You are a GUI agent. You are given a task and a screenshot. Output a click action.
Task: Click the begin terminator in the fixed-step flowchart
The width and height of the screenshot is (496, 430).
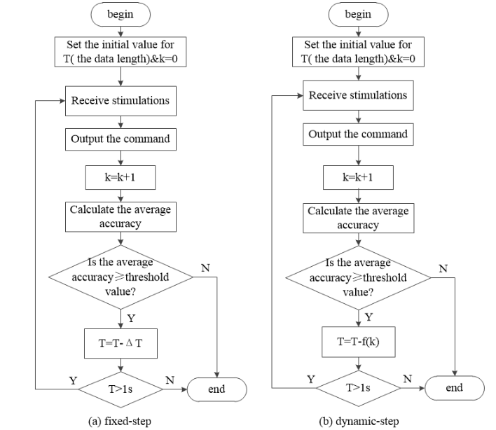(x=120, y=13)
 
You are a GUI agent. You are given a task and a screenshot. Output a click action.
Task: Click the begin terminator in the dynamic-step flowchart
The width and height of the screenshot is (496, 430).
(x=358, y=13)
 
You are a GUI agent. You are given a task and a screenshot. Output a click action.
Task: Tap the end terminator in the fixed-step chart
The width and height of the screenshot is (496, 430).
(x=217, y=389)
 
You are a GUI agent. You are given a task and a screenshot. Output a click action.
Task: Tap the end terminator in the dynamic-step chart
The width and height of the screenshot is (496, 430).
(x=455, y=387)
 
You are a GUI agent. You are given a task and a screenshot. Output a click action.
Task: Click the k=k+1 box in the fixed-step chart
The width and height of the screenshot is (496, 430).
(x=120, y=177)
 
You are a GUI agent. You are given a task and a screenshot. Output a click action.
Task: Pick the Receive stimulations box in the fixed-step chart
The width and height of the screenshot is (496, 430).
(x=120, y=100)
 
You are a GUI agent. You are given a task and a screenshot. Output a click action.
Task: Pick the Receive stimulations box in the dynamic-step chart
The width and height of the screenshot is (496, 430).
(x=358, y=95)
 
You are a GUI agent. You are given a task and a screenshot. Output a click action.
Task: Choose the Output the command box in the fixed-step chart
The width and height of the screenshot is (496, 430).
(x=120, y=139)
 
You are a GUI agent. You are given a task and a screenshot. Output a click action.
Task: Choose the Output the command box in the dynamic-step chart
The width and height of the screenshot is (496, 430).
(x=358, y=134)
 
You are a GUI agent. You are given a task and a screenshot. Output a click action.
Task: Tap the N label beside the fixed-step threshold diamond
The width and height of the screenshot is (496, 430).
(x=205, y=269)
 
